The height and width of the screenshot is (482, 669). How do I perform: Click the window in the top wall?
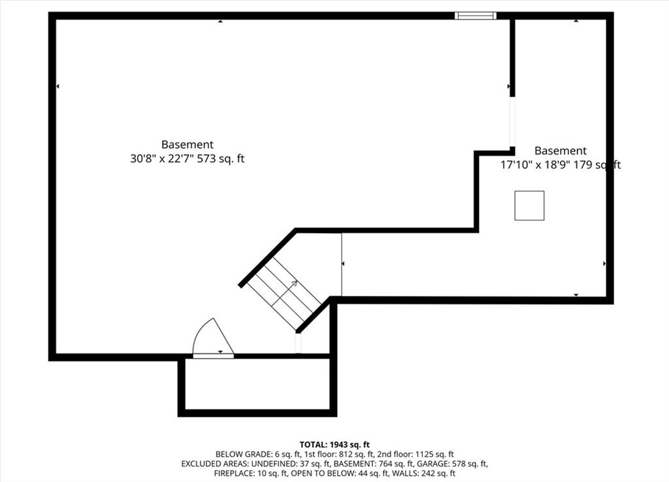476,16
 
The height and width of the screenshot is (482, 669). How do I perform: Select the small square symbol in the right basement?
529,206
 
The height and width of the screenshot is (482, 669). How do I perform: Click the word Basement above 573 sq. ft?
188,144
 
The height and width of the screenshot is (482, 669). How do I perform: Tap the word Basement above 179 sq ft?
561,151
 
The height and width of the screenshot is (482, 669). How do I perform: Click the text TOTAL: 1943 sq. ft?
334,445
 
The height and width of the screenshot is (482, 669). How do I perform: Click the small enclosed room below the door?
257,384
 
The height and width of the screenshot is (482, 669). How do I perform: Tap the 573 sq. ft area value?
221,159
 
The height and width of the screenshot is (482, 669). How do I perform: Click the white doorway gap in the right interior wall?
512,122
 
